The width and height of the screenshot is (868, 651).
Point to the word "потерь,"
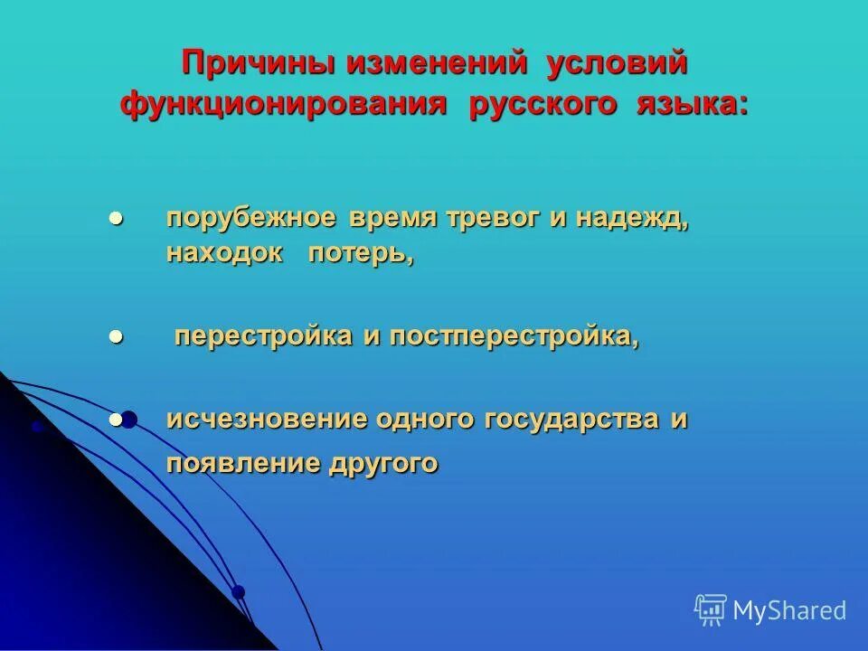point(361,255)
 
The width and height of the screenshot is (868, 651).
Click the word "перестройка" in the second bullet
point(263,336)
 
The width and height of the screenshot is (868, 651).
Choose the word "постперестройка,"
point(514,336)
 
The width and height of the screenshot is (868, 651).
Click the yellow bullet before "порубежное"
point(115,220)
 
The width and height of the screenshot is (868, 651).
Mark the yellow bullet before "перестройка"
point(115,336)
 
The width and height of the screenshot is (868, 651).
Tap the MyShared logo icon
point(711,610)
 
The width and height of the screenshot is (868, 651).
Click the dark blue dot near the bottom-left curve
point(238,592)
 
